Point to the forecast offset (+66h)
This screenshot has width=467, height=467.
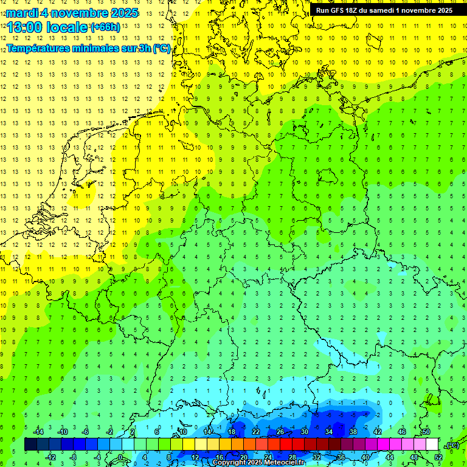click(105, 27)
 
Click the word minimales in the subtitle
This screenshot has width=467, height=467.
click(103, 49)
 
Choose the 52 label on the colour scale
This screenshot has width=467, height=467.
click(438, 457)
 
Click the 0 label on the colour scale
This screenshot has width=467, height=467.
click(120, 457)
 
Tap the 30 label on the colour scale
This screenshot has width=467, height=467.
click(305, 432)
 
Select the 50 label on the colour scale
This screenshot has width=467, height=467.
click(426, 432)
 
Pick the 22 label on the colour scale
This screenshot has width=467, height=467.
click(256, 432)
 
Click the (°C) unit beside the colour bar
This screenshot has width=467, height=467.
click(452, 445)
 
